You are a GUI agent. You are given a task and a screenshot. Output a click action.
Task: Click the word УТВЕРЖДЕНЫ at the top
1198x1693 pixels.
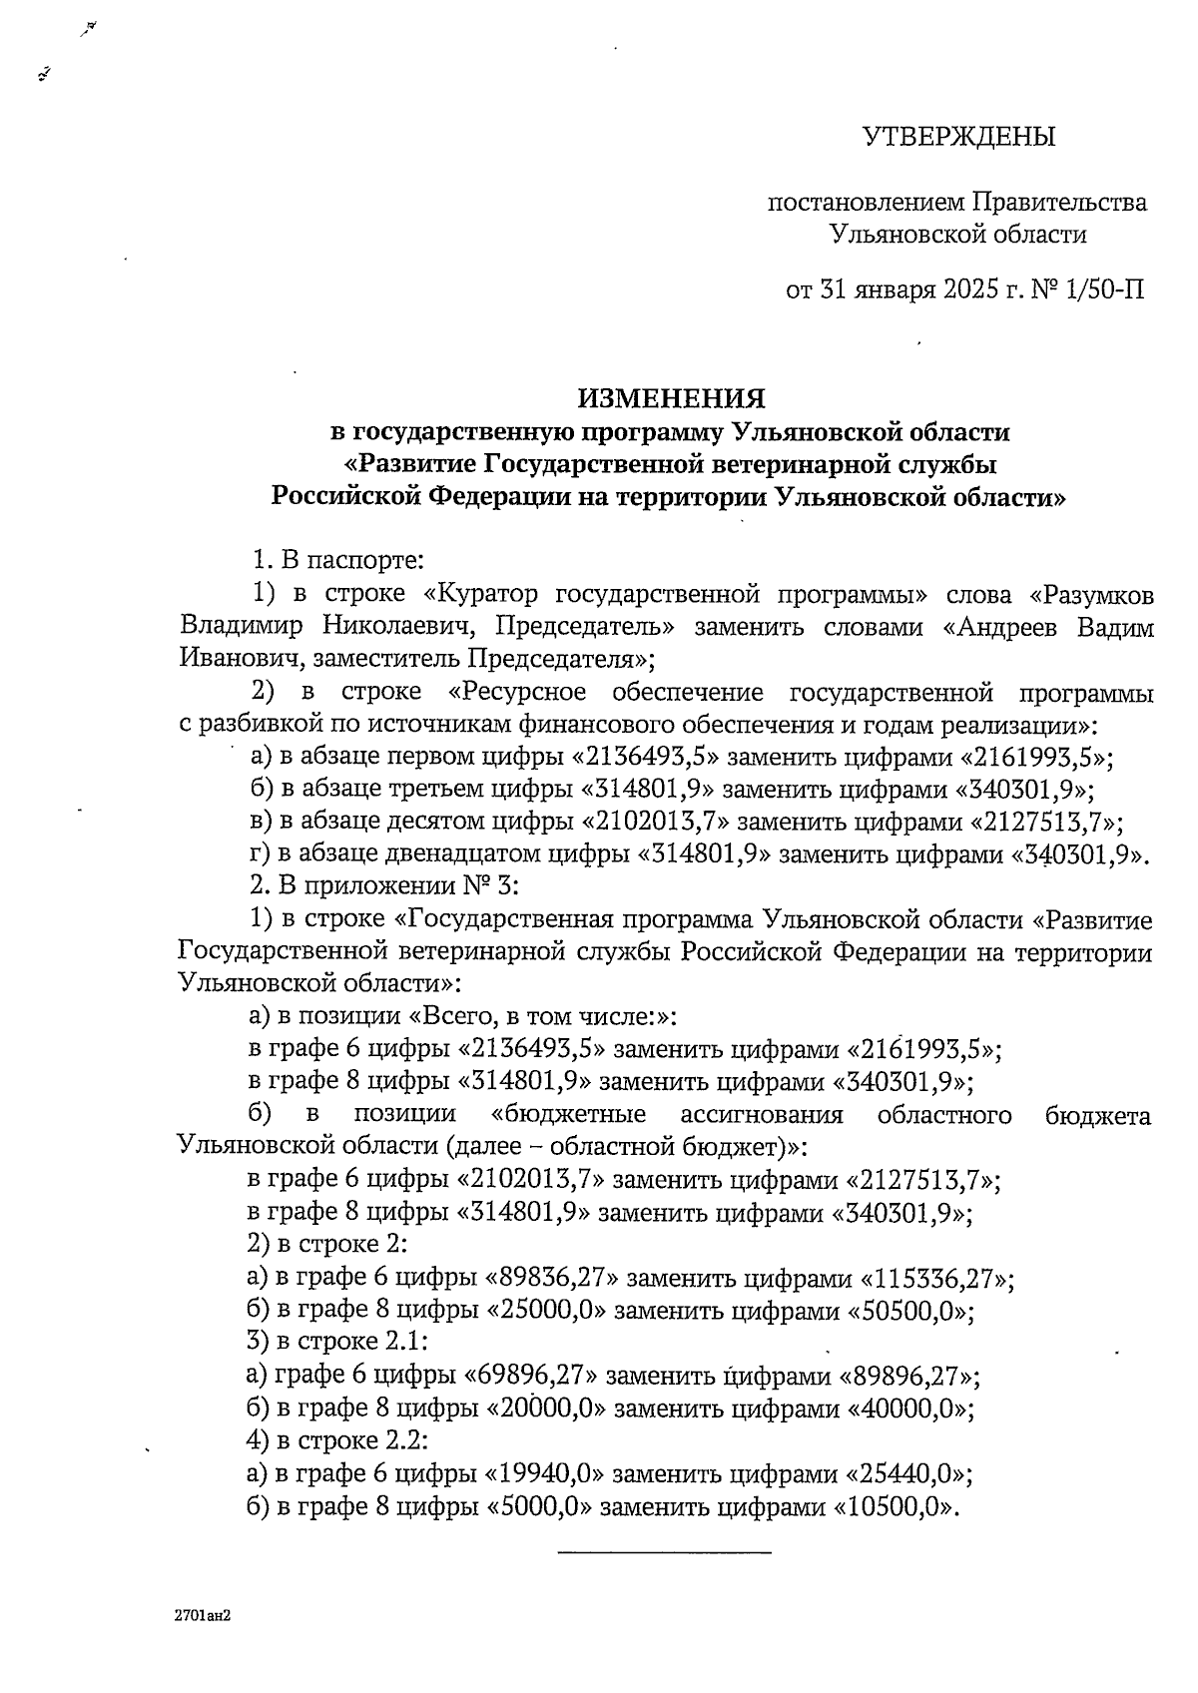click(x=958, y=137)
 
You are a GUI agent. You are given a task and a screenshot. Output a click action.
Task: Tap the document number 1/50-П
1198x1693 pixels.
click(x=1104, y=290)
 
